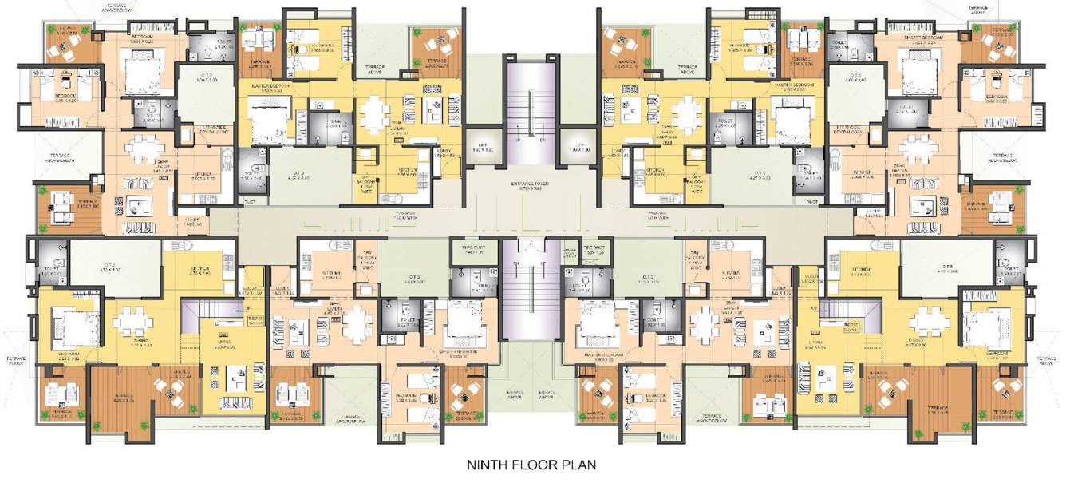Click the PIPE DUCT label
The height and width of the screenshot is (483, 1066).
(x=474, y=250)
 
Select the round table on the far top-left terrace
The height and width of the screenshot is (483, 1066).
(x=64, y=47)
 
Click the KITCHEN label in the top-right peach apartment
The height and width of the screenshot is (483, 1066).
(x=865, y=173)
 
